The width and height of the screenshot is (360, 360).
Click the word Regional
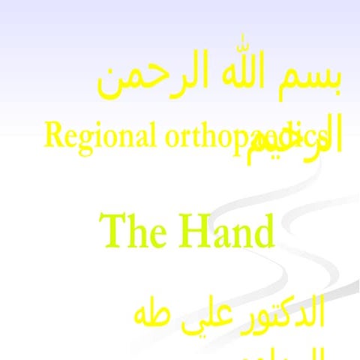click(x=100, y=136)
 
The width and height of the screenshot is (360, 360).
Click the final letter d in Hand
click(x=263, y=230)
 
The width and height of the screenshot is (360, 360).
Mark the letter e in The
click(x=154, y=234)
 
